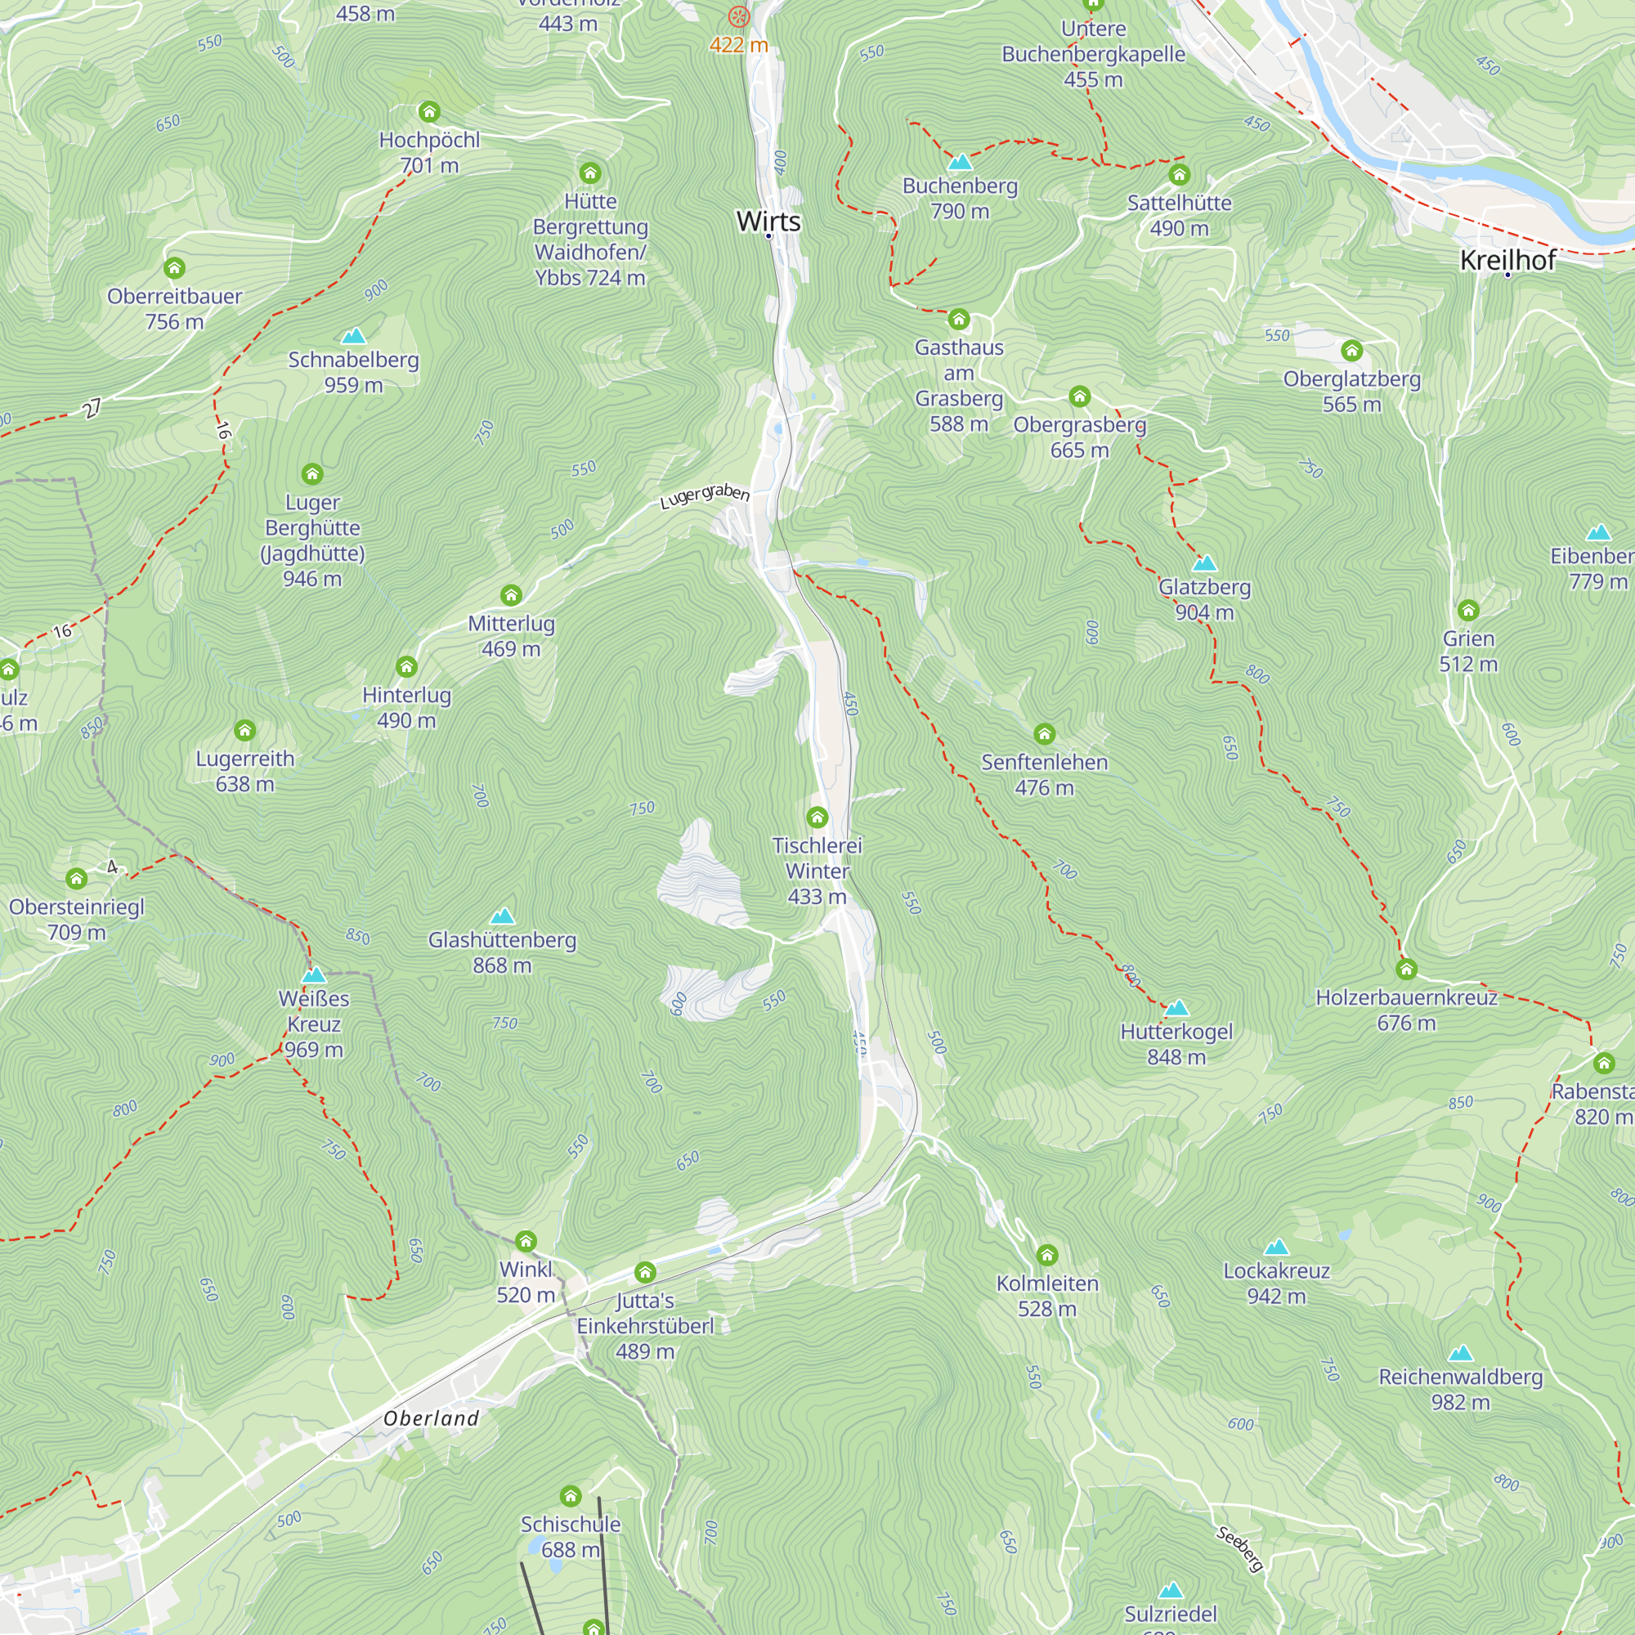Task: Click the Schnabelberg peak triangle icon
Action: click(354, 336)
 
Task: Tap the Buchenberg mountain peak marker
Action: click(960, 162)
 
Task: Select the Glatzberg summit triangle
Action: click(1204, 562)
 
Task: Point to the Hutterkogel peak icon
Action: click(1176, 1008)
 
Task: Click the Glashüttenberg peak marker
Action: click(502, 916)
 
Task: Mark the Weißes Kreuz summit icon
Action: click(313, 975)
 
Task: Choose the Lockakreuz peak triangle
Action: click(1276, 1247)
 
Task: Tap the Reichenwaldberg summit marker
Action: click(1461, 1353)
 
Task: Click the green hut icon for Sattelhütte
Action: click(1180, 175)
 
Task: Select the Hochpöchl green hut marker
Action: click(429, 112)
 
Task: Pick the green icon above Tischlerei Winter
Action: click(817, 817)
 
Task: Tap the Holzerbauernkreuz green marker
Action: click(1406, 969)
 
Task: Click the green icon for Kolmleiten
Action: click(1047, 1255)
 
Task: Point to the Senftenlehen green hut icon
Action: click(1044, 734)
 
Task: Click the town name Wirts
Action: click(768, 222)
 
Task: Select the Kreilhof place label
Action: click(1508, 261)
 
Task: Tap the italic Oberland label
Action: click(431, 1418)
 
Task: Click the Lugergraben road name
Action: click(704, 497)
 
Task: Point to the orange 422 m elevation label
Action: click(739, 45)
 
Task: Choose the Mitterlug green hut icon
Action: click(511, 596)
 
